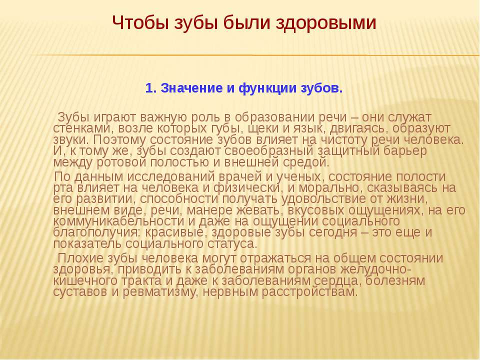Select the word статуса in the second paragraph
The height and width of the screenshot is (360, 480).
234,244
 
